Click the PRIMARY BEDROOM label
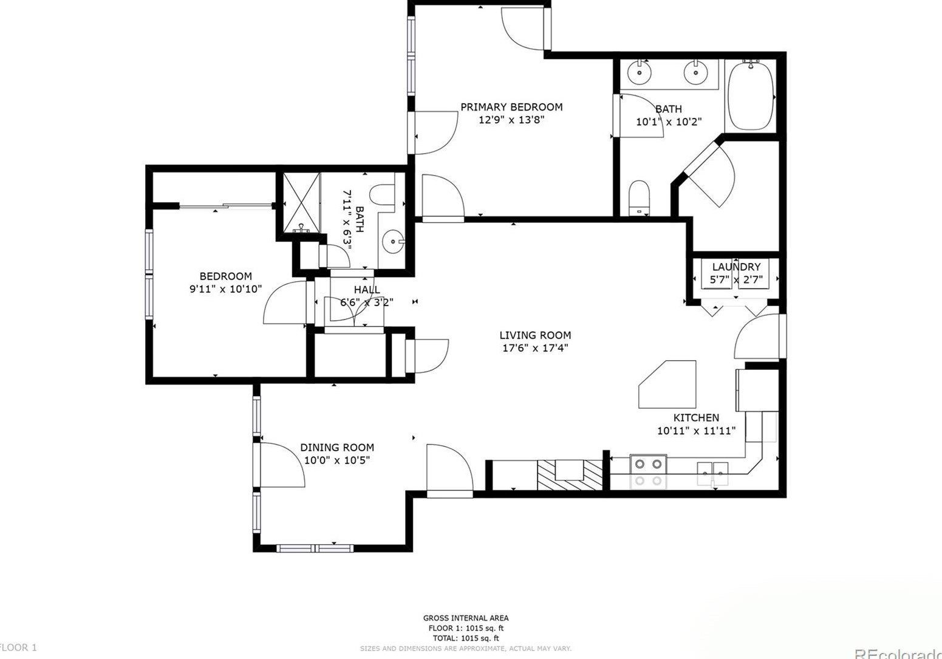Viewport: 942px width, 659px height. pos(511,107)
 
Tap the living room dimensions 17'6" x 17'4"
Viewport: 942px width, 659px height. pos(534,348)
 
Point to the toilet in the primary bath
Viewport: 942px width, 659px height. pos(640,197)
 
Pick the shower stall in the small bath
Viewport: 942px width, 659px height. pos(301,202)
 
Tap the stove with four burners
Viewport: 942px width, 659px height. pos(647,471)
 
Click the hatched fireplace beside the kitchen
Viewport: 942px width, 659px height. pos(569,474)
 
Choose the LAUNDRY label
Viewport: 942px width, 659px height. pos(736,267)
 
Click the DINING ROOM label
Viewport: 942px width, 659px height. pos(336,448)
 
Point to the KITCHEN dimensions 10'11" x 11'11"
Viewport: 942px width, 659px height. pos(696,431)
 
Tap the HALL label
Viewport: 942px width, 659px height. pos(367,290)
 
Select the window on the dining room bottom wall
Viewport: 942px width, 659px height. pos(315,548)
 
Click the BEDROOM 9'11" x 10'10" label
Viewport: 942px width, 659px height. pos(225,276)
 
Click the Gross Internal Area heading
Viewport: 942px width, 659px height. pos(465,618)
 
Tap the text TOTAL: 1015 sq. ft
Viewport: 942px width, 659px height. pos(465,638)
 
